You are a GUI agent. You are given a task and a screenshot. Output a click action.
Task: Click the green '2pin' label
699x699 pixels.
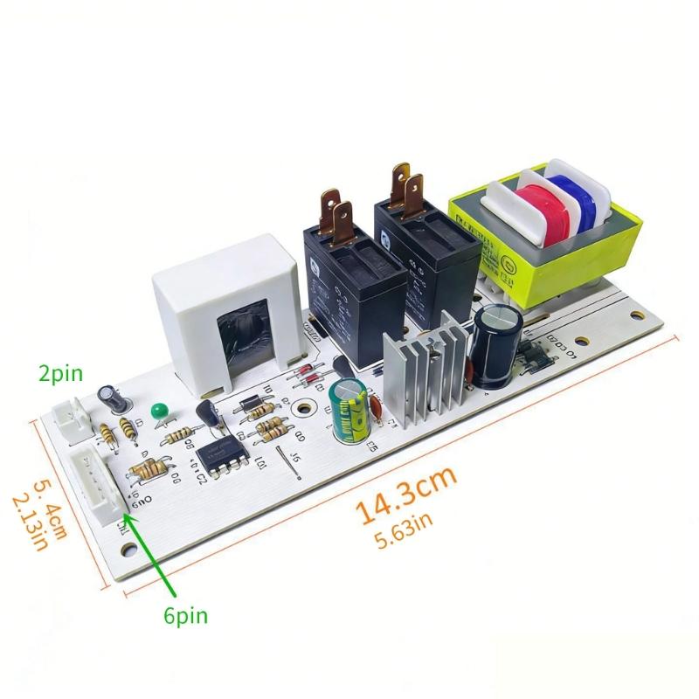tap(60, 375)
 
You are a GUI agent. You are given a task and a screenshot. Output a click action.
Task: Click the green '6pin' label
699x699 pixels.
tap(185, 617)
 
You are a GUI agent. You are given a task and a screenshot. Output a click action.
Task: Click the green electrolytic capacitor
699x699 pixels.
tap(348, 408)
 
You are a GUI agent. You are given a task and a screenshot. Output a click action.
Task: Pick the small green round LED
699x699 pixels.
tap(159, 410)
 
